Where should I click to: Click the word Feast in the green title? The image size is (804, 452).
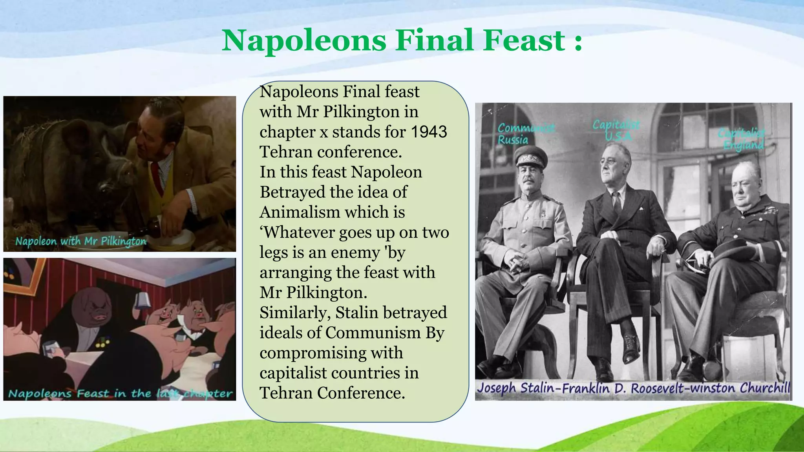(524, 40)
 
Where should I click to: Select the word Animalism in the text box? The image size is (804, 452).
(300, 212)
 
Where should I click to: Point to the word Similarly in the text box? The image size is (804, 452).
(294, 313)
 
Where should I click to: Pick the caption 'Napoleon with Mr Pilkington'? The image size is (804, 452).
(80, 241)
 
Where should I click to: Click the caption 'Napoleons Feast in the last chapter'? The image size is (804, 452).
(120, 393)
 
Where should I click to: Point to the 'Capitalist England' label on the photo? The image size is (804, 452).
(742, 139)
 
